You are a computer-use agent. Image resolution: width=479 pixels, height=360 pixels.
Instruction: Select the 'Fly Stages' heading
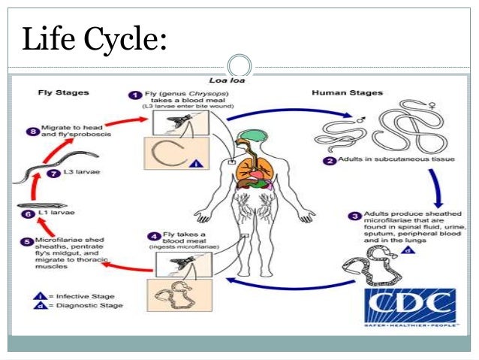64,93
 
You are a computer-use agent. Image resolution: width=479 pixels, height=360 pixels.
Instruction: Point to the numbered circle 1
135,95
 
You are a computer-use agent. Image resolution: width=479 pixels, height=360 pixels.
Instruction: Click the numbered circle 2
330,161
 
